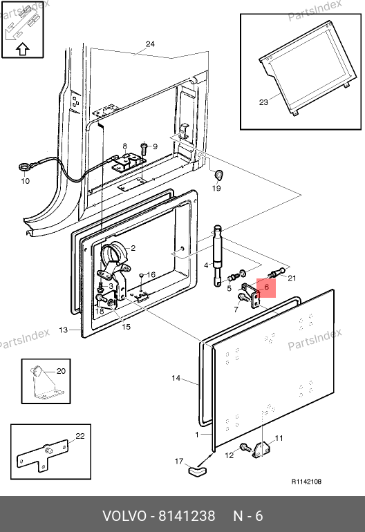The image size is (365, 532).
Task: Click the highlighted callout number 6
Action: [266, 287]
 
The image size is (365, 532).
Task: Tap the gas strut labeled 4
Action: [217, 256]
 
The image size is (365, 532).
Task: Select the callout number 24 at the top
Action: [150, 44]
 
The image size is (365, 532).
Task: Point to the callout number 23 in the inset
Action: [263, 102]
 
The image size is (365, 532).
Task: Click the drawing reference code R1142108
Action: [306, 482]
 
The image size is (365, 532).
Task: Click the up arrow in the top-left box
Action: [23, 49]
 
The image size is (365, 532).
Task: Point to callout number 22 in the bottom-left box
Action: [79, 436]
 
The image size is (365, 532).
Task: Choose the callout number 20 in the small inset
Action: [61, 371]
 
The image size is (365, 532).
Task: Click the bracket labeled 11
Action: [261, 449]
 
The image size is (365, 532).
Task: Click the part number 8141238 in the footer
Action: [187, 516]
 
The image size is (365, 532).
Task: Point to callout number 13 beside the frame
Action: [63, 330]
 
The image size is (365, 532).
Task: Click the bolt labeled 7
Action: [243, 298]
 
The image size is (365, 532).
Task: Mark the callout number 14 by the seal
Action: [176, 378]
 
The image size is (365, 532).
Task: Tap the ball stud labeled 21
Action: [277, 272]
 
